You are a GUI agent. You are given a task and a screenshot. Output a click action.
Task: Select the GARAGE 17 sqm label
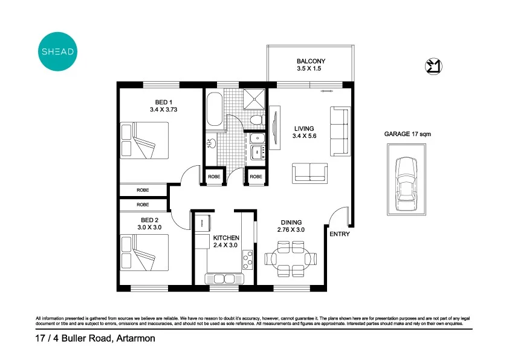coord(407,134)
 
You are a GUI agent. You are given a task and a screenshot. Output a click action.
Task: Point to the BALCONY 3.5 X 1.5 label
coord(311,65)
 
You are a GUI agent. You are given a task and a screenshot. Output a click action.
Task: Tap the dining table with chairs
coord(290,259)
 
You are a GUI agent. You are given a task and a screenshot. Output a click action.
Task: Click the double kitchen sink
coord(223,278)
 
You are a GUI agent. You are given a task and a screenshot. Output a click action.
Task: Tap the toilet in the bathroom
coord(256,120)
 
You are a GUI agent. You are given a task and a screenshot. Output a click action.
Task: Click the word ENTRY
coord(339,234)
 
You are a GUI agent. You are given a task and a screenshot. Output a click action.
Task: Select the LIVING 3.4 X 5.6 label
coord(305,133)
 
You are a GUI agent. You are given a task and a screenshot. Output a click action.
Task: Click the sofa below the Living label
coord(311,173)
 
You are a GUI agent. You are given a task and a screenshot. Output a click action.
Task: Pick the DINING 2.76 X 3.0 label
coord(291,226)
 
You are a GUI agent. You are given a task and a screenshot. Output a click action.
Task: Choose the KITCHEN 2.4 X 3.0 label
coord(226,241)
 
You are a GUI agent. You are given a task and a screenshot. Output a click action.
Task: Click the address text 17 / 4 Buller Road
coord(95,339)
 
